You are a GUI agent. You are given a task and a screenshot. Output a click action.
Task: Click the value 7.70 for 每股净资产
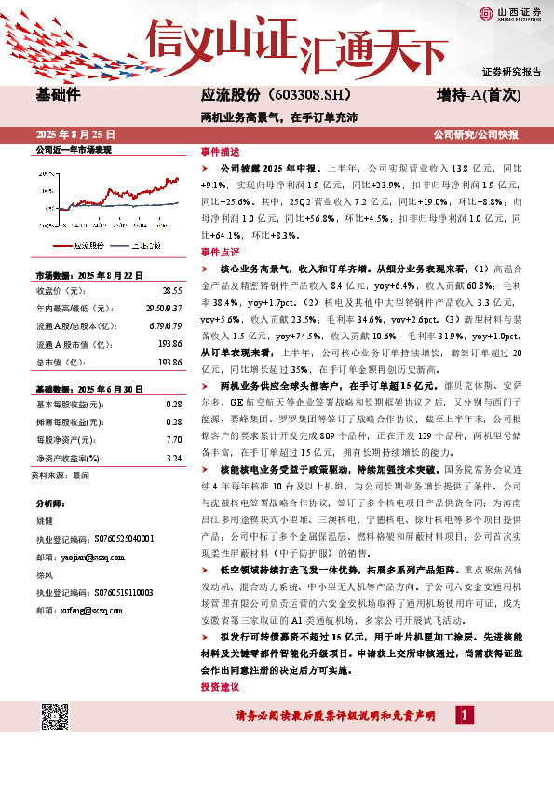click(173, 437)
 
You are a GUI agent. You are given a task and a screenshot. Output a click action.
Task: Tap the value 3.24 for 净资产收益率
click(173, 459)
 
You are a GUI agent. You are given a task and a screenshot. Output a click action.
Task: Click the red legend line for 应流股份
click(61, 246)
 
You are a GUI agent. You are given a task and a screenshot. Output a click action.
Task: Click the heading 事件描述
click(220, 151)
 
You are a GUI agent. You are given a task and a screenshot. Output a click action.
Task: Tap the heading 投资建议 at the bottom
click(220, 686)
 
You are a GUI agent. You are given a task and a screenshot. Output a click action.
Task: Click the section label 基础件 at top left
click(58, 95)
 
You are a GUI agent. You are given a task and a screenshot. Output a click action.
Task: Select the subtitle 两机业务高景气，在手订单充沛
click(278, 118)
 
